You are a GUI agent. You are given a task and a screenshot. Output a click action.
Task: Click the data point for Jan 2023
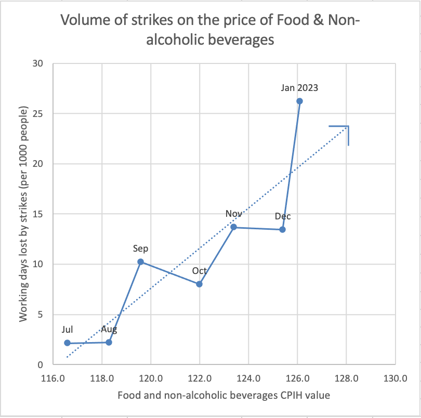click(299, 101)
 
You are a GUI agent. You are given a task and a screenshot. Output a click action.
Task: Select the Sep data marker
click(140, 262)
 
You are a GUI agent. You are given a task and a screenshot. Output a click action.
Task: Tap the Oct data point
click(199, 284)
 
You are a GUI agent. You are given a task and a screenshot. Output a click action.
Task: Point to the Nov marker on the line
click(233, 227)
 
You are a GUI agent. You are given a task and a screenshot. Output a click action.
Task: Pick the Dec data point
click(282, 229)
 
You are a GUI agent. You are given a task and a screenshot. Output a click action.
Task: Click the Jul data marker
click(67, 343)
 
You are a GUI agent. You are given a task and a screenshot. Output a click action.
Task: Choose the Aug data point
click(109, 342)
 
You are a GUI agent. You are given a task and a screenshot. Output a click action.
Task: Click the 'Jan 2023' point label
click(299, 88)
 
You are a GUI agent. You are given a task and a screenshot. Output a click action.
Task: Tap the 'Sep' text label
click(141, 249)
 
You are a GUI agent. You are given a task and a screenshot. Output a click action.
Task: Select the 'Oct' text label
click(200, 271)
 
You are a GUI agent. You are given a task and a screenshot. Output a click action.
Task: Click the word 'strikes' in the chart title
click(136, 20)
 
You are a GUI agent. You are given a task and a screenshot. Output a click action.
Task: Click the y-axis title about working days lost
click(23, 214)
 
